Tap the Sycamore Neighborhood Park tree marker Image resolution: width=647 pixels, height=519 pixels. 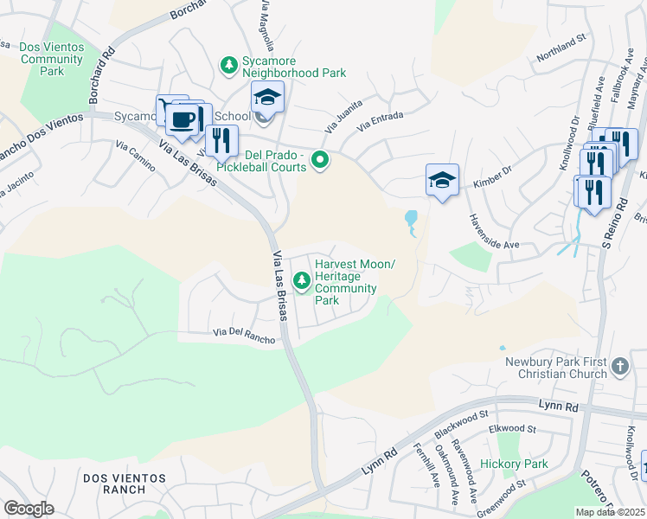229,65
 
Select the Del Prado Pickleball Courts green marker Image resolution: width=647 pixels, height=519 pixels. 320,159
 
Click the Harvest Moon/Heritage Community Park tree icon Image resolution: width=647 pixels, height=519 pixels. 302,279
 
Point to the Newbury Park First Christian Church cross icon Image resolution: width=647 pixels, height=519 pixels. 619,367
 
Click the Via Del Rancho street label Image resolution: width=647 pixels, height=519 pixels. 244,336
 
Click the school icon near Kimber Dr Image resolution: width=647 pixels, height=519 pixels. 441,181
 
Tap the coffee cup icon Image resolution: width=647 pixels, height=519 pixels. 183,119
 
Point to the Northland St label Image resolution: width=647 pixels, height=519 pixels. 561,62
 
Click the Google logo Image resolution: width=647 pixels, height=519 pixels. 29,509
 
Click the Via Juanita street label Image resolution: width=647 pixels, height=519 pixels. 343,115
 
